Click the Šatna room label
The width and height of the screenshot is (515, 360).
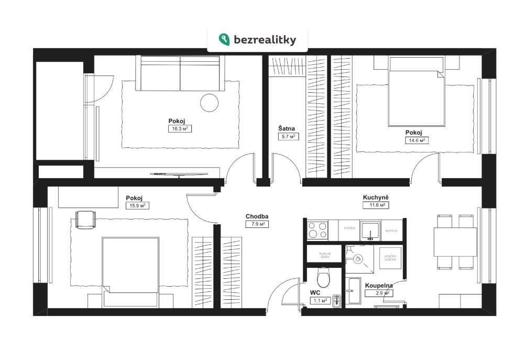coord(287,127)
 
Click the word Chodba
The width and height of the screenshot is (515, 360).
coord(256,216)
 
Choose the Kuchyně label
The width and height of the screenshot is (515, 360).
coord(376,198)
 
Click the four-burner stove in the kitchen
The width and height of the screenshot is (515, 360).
coord(318,230)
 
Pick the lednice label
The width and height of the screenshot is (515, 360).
coord(391,230)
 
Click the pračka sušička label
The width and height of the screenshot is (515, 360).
coord(389,257)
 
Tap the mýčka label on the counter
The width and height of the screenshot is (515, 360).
coord(349,228)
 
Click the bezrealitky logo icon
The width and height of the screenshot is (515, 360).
coord(225,39)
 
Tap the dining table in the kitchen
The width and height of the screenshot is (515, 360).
coord(455,242)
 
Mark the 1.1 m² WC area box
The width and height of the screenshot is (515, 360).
coord(321,301)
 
